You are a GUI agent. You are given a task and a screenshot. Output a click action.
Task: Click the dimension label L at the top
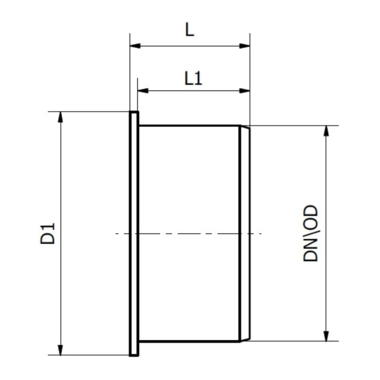coord(190,29)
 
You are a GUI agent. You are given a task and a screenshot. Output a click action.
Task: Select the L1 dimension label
coord(193,78)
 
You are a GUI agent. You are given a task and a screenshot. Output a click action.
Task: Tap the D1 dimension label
coord(48,233)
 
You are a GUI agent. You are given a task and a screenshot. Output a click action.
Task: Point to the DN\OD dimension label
coord(310,233)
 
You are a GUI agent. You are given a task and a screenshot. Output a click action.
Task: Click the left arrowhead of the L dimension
coord(135,46)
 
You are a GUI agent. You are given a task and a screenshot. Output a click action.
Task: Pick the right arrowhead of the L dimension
coord(245,46)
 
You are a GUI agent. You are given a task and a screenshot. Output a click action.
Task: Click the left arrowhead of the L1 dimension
coord(143,90)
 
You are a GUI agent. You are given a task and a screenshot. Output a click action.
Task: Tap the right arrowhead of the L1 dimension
coord(245,90)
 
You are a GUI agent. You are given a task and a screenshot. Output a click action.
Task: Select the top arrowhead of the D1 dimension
coord(61,117)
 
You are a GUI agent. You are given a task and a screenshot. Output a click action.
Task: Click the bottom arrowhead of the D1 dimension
coord(61,350)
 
